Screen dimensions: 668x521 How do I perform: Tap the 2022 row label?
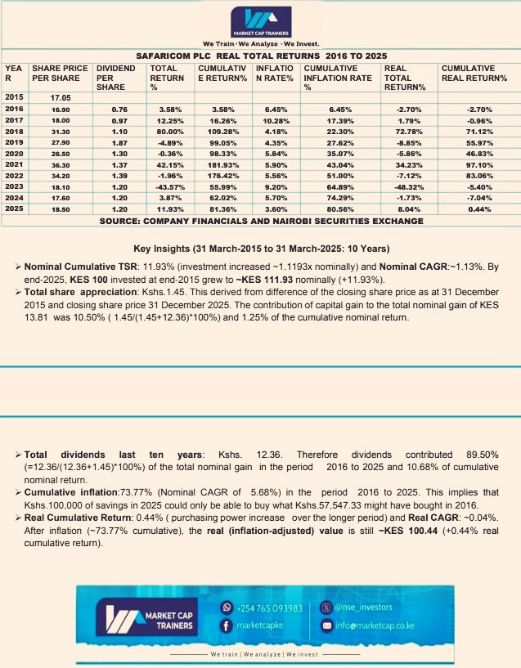15,175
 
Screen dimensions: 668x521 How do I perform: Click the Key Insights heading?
260,249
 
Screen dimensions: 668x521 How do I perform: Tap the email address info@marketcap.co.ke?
375,625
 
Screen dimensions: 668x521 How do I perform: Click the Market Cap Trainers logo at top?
260,22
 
